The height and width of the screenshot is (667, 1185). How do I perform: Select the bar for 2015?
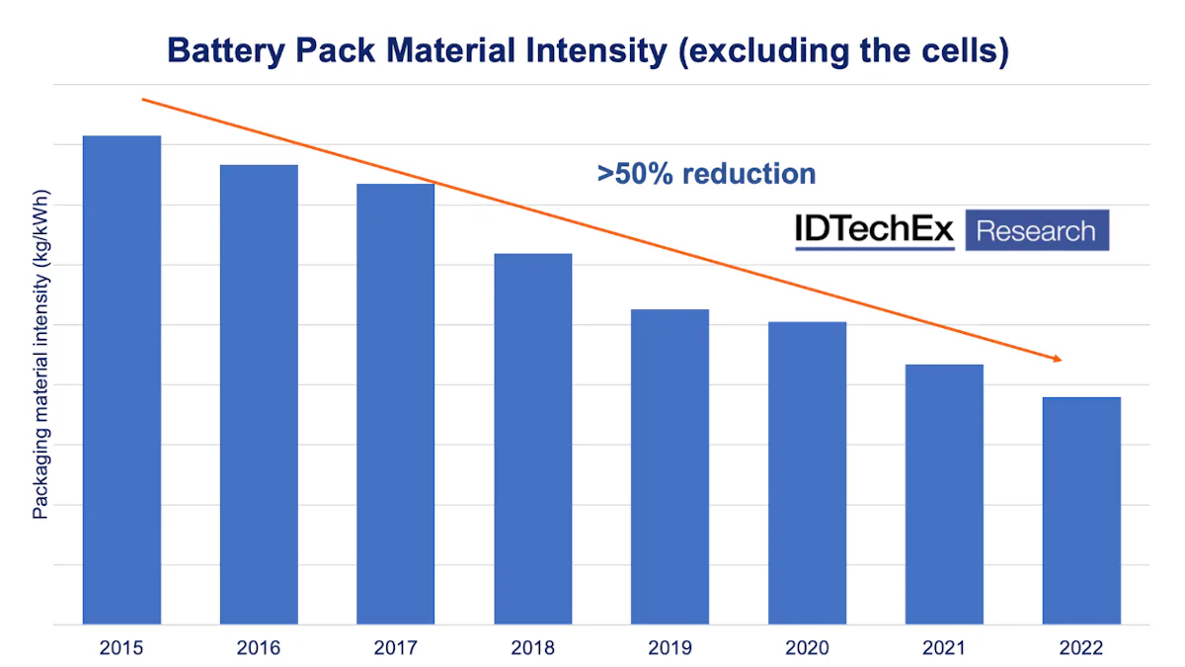coord(121,380)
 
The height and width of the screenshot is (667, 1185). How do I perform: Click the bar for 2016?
coord(259,395)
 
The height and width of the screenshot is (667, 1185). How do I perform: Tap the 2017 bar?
coord(396,405)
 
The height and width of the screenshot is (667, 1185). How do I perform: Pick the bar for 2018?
coord(533,440)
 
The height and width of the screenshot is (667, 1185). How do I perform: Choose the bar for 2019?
coord(671,467)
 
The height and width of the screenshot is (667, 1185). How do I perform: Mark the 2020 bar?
coord(808,473)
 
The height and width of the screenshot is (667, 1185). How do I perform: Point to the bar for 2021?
coord(945,494)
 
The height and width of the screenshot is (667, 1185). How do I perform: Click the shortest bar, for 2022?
coord(1081,511)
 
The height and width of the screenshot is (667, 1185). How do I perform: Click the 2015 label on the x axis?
coord(121,649)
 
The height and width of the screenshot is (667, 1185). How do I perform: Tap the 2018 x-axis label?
coord(533,649)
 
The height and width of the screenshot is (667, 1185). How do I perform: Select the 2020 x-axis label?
coord(808,649)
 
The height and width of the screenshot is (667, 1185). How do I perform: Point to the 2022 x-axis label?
coord(1081,649)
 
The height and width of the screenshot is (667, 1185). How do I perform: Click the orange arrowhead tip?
coord(1060,360)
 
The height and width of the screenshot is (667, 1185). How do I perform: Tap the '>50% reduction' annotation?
coord(706,174)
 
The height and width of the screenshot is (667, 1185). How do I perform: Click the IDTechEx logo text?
coord(875,230)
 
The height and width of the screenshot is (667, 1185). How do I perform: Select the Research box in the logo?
coord(1036,231)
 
